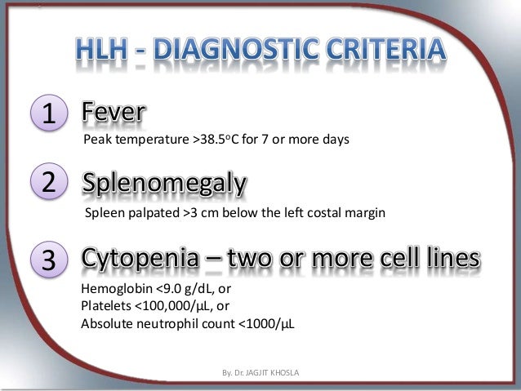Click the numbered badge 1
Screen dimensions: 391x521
tap(50, 115)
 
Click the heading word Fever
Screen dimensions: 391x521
tap(114, 114)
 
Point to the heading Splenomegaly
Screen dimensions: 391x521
tap(163, 186)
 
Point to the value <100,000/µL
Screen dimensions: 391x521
tap(171, 306)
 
